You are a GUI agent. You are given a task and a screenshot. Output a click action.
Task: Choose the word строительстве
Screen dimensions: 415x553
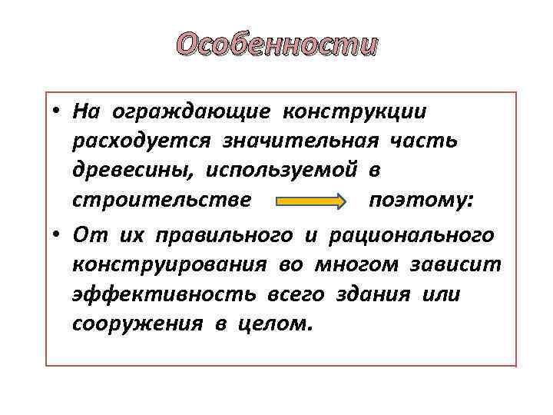(x=161, y=201)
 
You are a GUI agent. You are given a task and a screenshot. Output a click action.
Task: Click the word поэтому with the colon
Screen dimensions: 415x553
(x=421, y=201)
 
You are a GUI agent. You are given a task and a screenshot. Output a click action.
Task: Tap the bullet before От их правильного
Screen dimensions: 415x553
(x=57, y=235)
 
